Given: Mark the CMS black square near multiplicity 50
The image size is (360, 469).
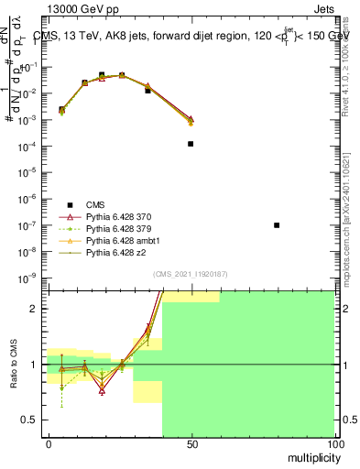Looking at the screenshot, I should pyautogui.click(x=191, y=144).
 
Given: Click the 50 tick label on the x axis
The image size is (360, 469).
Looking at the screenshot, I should pyautogui.click(x=191, y=443).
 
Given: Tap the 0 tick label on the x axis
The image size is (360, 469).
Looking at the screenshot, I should pyautogui.click(x=49, y=443).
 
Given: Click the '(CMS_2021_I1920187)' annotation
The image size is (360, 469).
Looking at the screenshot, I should pyautogui.click(x=191, y=274).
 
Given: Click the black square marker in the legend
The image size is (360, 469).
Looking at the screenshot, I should pyautogui.click(x=70, y=203).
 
